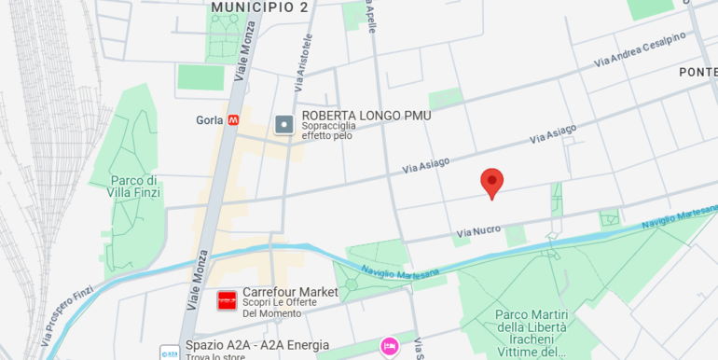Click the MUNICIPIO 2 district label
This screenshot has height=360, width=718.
tap(259, 7)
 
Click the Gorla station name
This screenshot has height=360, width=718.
tap(210, 120)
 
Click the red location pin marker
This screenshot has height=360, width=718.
tap(492, 183)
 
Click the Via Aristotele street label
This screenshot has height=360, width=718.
tap(303, 62)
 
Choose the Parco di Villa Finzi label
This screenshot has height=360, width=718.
tap(135, 187)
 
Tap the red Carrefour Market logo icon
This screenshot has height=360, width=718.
tap(227, 300)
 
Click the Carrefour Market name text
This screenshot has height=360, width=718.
tap(290, 292)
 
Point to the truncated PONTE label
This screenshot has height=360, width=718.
tap(697, 73)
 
